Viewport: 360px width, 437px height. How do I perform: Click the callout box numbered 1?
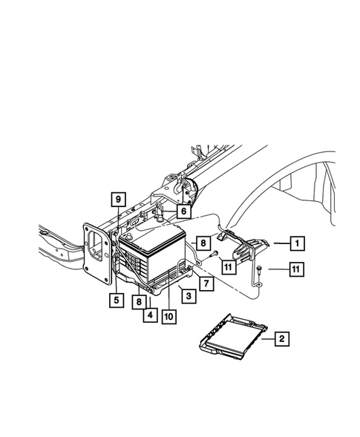[x=296, y=243]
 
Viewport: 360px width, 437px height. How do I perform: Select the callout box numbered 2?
[x=281, y=340]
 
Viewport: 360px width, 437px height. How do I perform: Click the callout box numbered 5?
[x=116, y=300]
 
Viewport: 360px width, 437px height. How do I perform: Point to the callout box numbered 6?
[x=182, y=211]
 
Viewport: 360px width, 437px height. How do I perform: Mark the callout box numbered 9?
[x=117, y=199]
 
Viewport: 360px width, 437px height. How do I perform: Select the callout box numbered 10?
[x=169, y=314]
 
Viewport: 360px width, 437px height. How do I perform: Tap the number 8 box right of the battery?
[x=202, y=242]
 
